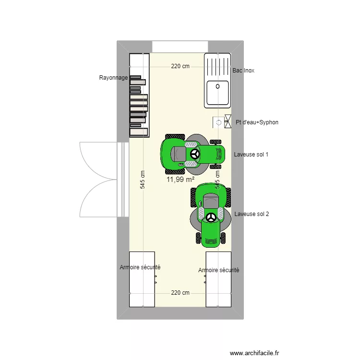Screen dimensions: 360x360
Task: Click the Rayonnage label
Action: tap(113, 77)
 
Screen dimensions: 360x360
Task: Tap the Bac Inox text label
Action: tap(243, 71)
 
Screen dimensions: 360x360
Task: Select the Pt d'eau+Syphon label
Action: tap(257, 122)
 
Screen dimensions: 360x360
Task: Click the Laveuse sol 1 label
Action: tap(251, 155)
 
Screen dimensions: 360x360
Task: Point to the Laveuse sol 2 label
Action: tap(252, 214)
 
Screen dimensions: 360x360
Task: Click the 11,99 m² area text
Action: tap(180, 180)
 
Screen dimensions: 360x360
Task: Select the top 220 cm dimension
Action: tap(180, 67)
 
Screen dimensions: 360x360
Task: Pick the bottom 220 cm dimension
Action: tap(180, 293)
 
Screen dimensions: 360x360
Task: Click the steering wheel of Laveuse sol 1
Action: tap(195, 154)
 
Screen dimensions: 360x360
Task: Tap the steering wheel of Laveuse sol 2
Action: tap(211, 217)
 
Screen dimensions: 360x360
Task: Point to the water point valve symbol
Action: tap(227, 122)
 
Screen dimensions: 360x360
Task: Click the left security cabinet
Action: tap(142, 278)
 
